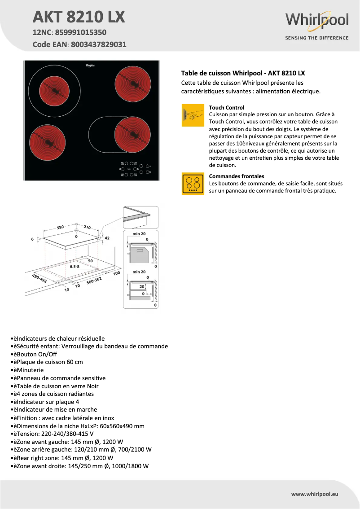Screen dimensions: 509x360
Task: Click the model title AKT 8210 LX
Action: (x=79, y=17)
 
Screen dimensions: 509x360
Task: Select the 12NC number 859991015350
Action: (x=81, y=33)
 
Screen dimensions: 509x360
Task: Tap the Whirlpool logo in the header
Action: (x=317, y=21)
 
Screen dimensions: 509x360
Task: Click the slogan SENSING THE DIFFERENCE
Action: (x=317, y=38)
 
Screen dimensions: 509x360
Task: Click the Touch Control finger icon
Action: (x=193, y=115)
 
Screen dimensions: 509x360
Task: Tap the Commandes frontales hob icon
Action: (x=193, y=184)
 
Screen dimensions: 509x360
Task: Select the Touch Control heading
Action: (x=227, y=108)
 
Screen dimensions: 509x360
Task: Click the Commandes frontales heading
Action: (x=237, y=176)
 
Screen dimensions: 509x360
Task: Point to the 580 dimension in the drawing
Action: (x=61, y=227)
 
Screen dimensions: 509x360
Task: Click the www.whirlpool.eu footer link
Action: (x=314, y=494)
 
